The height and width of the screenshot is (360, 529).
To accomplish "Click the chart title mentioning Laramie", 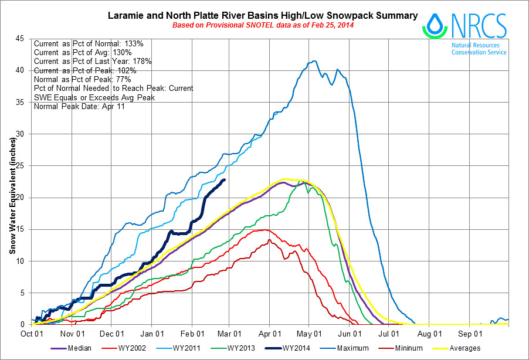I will point(263,15).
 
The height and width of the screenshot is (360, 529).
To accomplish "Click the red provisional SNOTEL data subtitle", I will point(263,26).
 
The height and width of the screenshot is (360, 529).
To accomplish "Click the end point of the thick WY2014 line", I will point(225,180).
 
